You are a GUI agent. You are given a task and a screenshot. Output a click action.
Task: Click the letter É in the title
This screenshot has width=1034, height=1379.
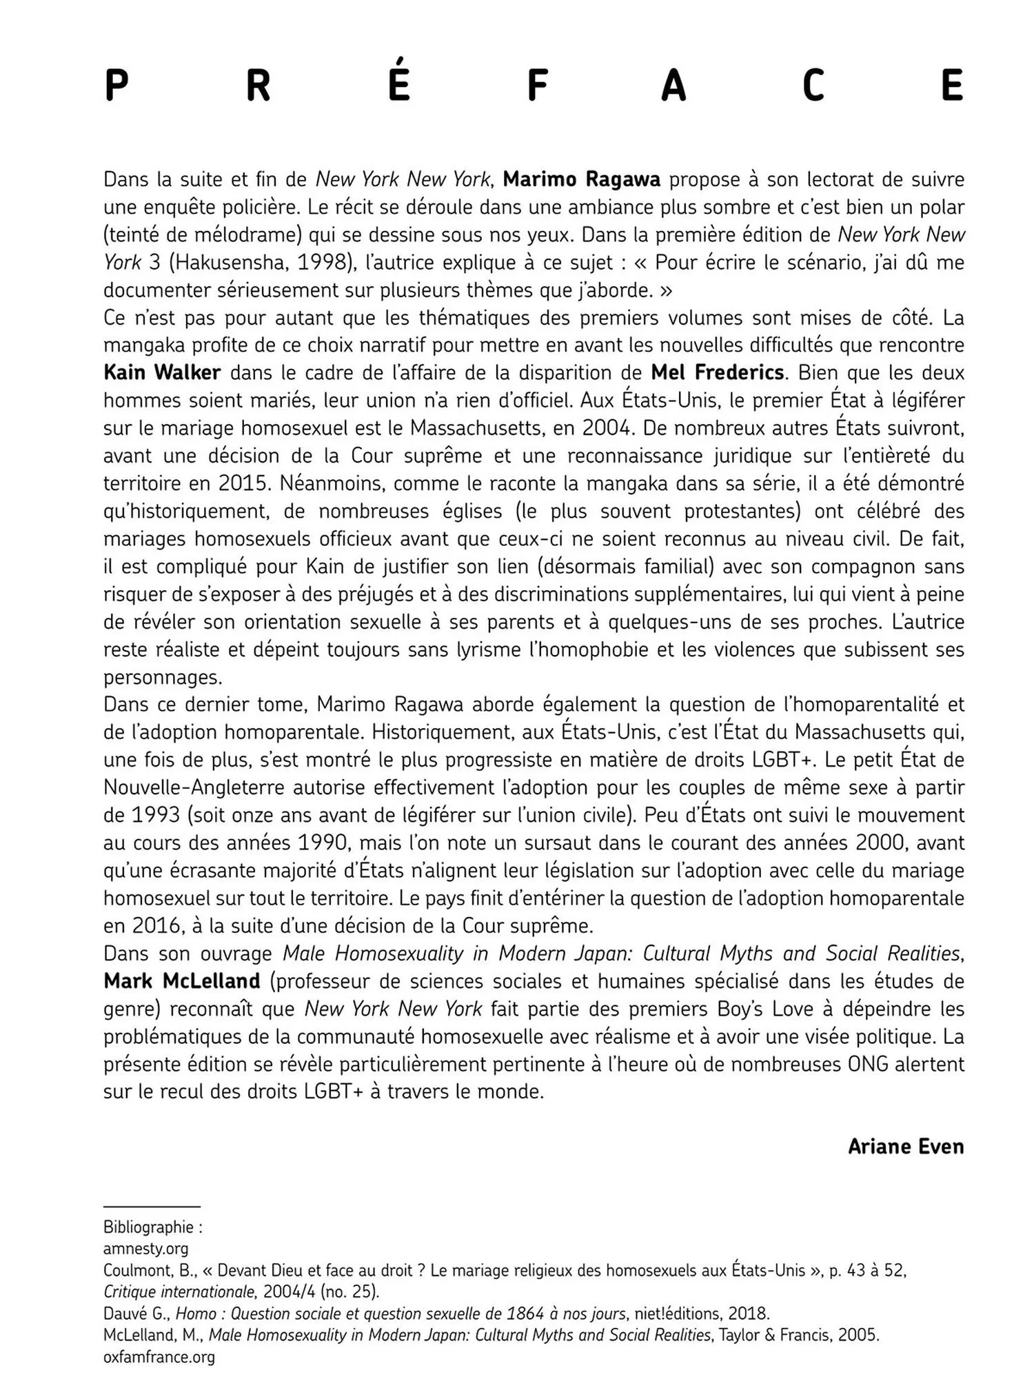399,81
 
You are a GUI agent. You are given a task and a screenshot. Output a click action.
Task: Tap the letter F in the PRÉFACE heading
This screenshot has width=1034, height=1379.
537,86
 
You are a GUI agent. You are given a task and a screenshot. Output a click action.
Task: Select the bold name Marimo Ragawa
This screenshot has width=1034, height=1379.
581,179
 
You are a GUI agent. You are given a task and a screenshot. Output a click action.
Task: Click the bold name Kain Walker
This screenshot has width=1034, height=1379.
162,373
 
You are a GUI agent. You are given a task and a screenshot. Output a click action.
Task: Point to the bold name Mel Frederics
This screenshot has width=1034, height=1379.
717,373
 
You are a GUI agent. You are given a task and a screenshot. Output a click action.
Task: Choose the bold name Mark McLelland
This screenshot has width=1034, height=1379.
182,981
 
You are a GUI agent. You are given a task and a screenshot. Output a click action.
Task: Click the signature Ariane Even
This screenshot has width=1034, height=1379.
905,1147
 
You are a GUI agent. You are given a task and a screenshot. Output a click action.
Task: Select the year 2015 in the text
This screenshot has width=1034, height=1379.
243,483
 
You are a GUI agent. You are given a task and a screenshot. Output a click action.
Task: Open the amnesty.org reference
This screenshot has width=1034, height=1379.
145,1268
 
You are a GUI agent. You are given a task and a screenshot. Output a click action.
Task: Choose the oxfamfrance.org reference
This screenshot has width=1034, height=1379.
159,1357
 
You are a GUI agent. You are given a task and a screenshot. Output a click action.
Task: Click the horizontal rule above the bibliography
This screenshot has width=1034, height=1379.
152,1227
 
